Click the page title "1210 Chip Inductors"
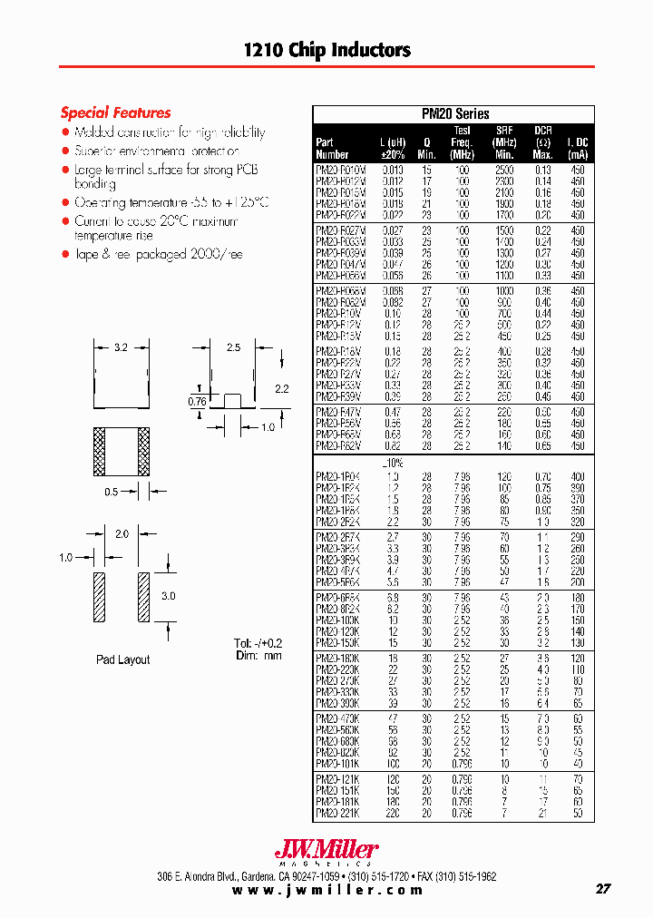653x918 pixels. tap(326, 50)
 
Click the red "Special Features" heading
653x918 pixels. tap(115, 112)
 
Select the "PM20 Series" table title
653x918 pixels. tap(455, 114)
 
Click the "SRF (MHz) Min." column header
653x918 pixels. tap(504, 142)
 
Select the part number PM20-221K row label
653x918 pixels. tap(336, 815)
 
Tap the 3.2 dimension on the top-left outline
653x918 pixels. tap(122, 347)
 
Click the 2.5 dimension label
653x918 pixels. tap(233, 347)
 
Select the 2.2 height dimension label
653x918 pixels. tap(281, 388)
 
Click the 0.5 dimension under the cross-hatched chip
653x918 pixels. tap(111, 492)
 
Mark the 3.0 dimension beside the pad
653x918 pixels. tap(170, 596)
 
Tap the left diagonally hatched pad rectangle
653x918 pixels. tap(100, 597)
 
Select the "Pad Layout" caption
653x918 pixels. tap(122, 659)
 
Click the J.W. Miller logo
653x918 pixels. tap(326, 851)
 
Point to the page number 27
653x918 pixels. tap(602, 889)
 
